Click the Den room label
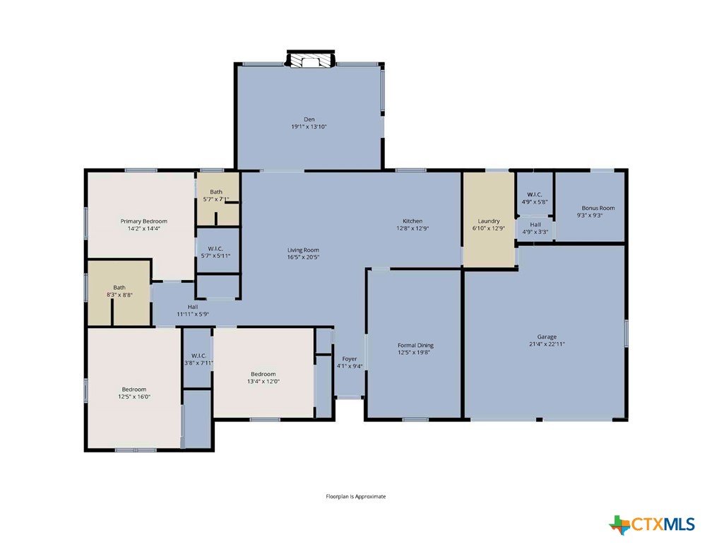(x=309, y=119)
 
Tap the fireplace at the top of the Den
(x=311, y=59)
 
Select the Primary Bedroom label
(x=143, y=221)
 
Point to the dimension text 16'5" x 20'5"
(x=303, y=257)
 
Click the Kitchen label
(x=413, y=221)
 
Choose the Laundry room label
(x=489, y=221)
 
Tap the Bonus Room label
(x=598, y=208)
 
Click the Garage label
(x=547, y=337)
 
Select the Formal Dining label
(x=415, y=346)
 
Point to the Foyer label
(x=350, y=359)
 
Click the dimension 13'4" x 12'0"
(x=263, y=382)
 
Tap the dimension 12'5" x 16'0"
(x=134, y=397)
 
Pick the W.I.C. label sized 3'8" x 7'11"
(x=198, y=356)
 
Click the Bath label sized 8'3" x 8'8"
(x=119, y=287)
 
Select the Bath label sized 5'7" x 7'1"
(x=216, y=192)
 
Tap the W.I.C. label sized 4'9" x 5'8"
(x=535, y=194)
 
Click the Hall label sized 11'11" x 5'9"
(x=193, y=307)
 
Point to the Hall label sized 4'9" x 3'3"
(x=535, y=225)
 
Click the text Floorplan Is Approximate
(x=355, y=496)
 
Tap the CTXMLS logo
(x=651, y=525)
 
